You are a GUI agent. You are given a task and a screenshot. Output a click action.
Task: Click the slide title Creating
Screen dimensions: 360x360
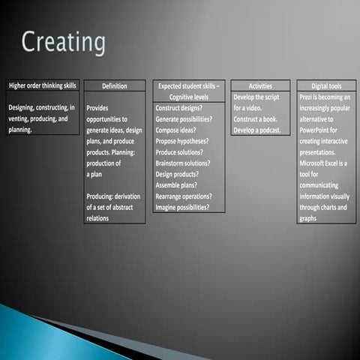pos(63,42)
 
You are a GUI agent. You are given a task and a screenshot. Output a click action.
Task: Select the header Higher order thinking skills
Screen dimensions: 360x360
pos(42,85)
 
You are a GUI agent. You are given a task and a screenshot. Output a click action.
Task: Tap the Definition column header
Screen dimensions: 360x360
pos(114,86)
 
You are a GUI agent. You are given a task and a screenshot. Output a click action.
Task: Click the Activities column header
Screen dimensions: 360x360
pos(259,86)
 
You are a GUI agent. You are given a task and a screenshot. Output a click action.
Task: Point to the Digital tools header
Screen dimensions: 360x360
pos(326,86)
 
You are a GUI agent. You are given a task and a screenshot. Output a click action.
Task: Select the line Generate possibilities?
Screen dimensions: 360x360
pos(184,119)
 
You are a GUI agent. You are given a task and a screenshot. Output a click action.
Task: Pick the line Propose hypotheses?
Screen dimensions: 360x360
pos(182,141)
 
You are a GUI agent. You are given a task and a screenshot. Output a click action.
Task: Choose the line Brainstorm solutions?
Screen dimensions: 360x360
pos(183,163)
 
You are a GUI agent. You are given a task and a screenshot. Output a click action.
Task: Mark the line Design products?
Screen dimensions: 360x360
pos(177,174)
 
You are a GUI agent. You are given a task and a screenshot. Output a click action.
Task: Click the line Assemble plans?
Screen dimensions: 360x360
pos(175,185)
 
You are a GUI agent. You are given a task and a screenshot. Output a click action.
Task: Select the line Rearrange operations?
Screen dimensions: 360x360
pos(184,196)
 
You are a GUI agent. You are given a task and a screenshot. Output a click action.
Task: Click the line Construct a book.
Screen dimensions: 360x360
pos(255,119)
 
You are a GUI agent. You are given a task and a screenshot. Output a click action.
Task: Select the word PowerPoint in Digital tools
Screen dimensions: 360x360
pos(316,130)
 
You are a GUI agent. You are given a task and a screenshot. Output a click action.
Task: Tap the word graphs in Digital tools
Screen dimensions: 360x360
pos(307,218)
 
